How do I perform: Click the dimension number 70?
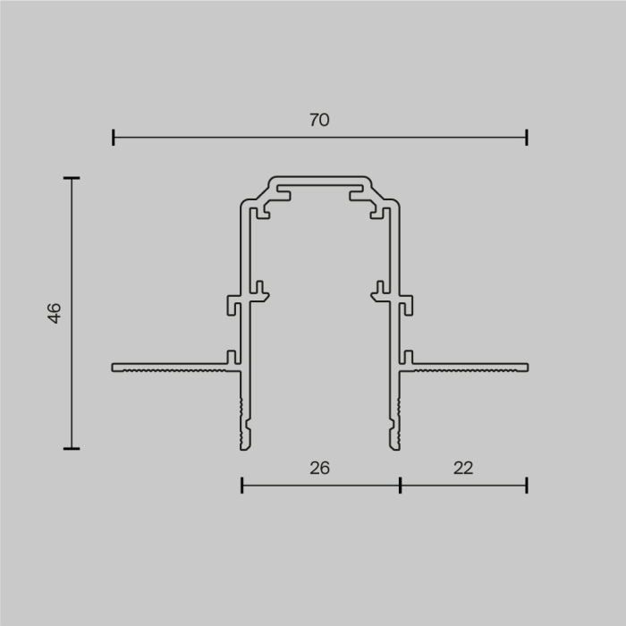coord(319,120)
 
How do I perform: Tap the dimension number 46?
coord(55,313)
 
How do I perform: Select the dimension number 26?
coord(319,467)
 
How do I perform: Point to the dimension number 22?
coord(462,467)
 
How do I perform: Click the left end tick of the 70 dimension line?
coord(114,137)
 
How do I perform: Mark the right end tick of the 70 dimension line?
coord(527,137)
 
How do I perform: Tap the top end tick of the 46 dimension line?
coord(72,178)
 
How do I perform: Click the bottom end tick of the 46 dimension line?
coord(72,448)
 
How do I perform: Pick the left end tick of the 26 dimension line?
coord(242,485)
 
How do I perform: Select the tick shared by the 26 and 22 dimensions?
coord(400,485)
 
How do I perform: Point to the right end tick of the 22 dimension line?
coord(527,485)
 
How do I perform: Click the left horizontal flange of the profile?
coord(170,367)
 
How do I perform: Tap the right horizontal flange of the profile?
coord(469,367)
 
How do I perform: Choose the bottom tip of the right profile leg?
coord(394,444)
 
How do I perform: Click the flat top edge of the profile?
coord(319,177)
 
